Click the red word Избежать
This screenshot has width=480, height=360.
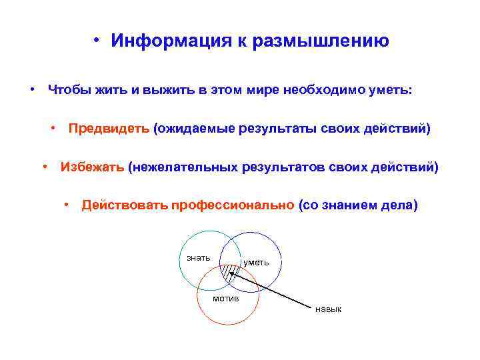pos(92,167)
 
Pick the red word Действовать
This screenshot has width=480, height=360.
pos(125,205)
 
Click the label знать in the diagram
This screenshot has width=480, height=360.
pos(198,257)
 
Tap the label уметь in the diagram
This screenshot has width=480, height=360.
pos(257,262)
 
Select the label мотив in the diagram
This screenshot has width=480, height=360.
pos(225,297)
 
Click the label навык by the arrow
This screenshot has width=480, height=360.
pos(328,309)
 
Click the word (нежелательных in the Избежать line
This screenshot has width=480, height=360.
pos(181,167)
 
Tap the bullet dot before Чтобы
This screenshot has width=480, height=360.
pos(31,90)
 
